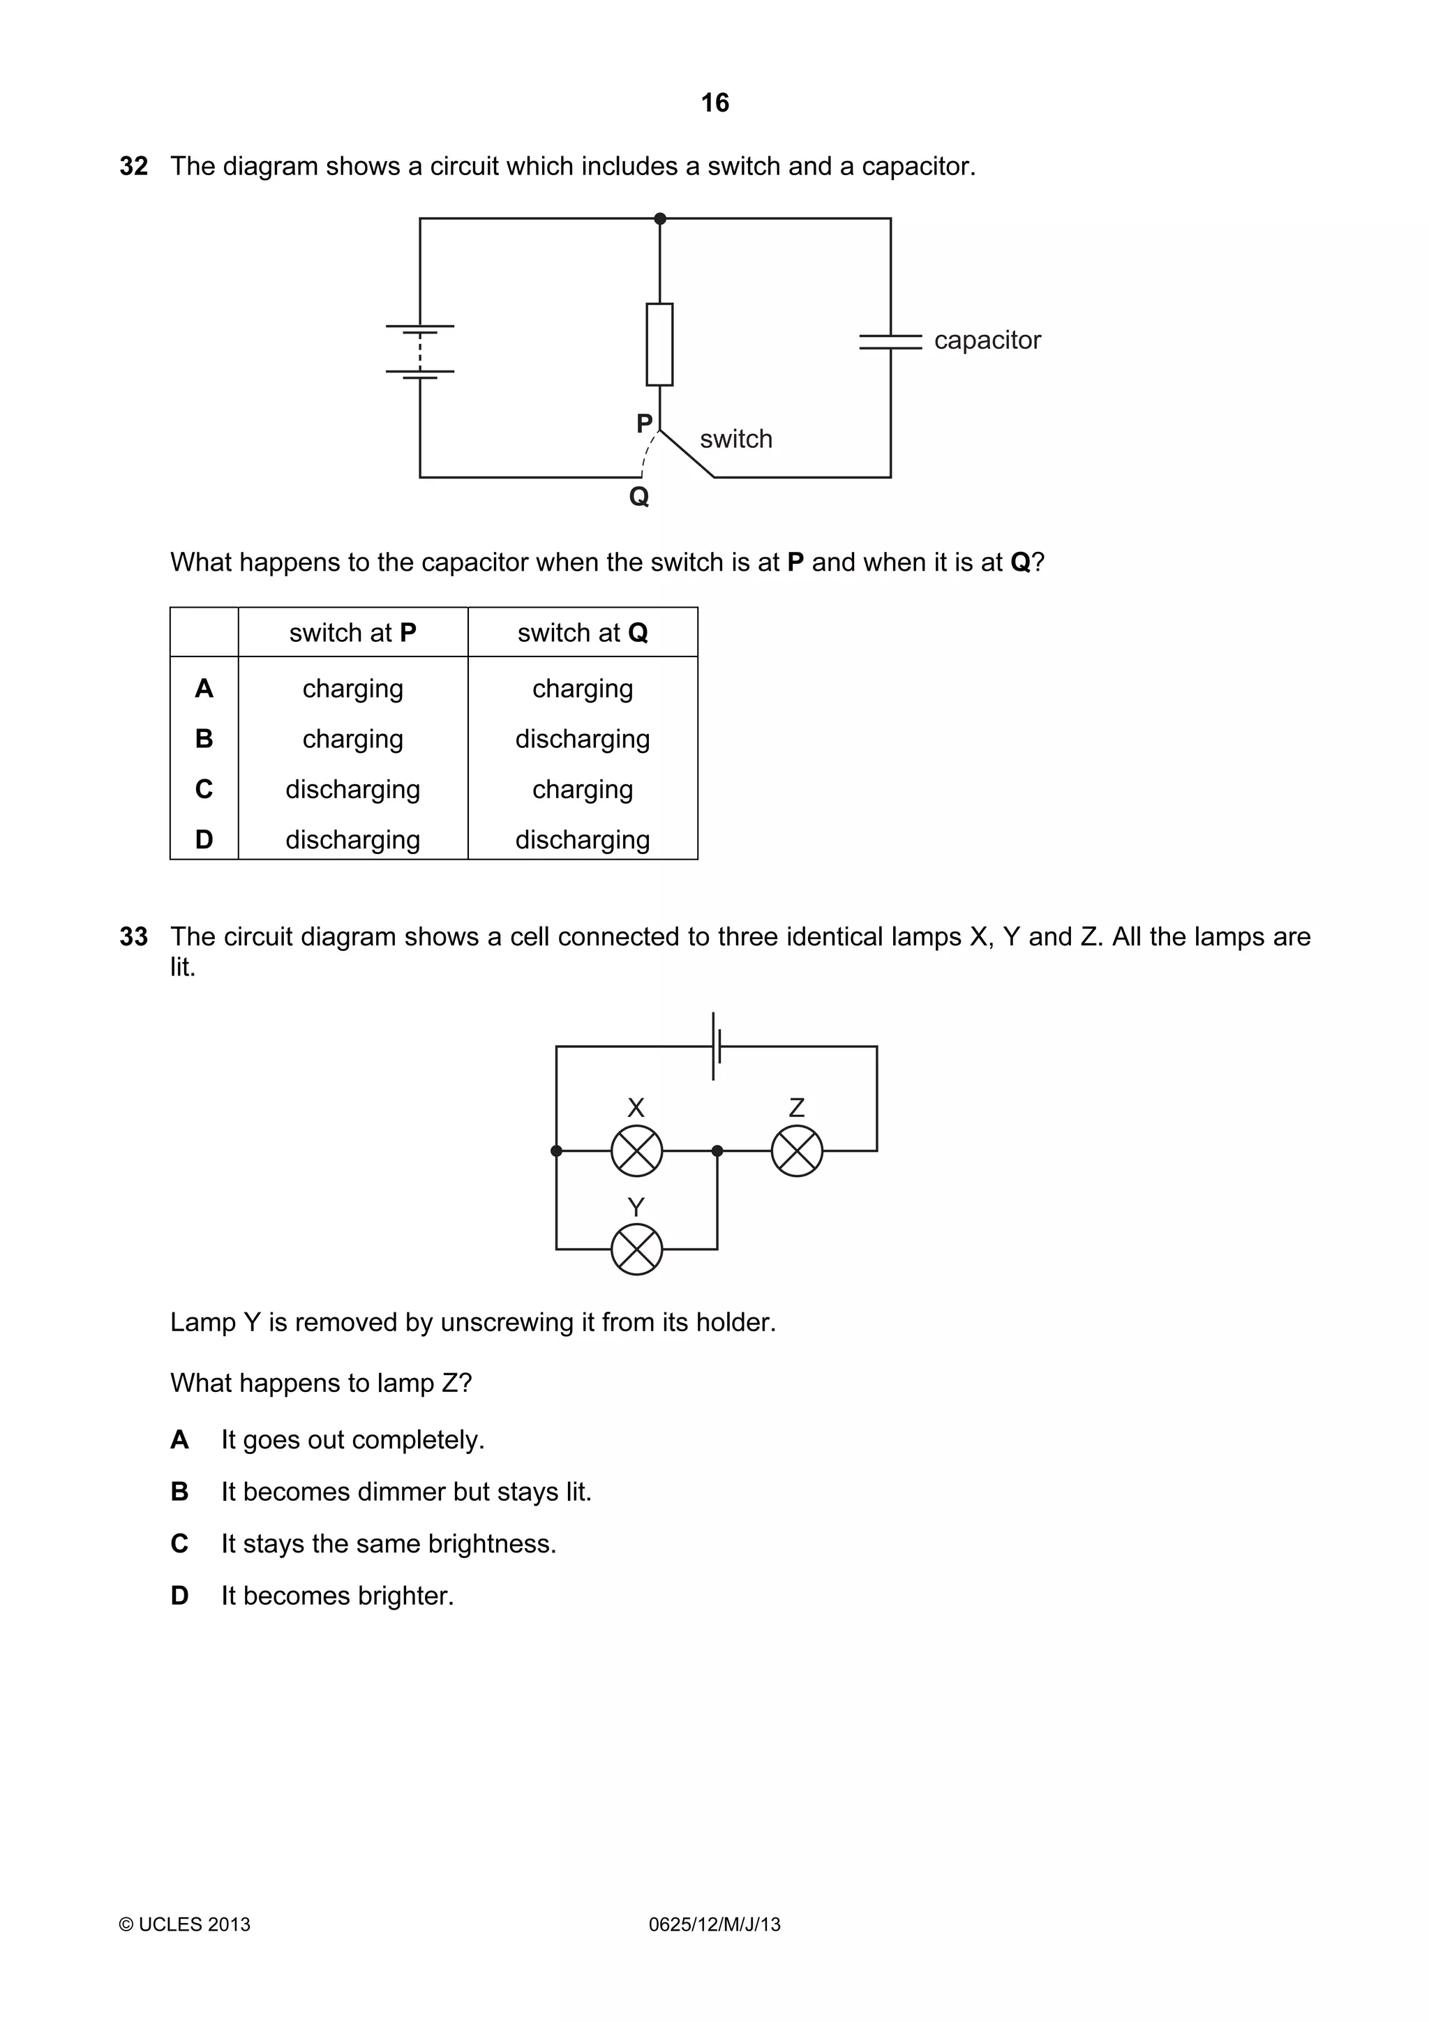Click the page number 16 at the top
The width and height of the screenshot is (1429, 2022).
click(x=714, y=103)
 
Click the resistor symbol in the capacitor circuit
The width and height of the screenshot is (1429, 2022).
click(x=659, y=345)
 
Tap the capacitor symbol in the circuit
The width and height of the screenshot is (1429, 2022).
click(x=890, y=340)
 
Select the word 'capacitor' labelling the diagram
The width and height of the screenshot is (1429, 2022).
click(x=987, y=340)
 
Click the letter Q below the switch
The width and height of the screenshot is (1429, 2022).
click(x=639, y=497)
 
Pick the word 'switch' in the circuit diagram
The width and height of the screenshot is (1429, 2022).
click(x=735, y=439)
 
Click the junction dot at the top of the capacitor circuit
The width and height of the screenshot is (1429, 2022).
click(x=660, y=218)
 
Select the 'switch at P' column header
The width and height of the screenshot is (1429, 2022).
click(x=352, y=632)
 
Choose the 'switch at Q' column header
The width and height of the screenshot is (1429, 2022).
click(x=582, y=632)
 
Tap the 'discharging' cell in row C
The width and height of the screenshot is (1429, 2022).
click(x=352, y=789)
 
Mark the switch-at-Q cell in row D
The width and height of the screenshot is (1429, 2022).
click(x=582, y=839)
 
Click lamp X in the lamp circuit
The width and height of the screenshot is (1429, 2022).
click(x=636, y=1150)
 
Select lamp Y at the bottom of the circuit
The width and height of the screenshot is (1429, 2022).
click(x=636, y=1249)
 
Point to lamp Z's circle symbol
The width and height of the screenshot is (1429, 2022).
click(x=797, y=1150)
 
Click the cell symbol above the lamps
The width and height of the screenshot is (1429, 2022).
click(x=717, y=1046)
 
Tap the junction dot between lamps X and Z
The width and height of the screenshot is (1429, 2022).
click(x=717, y=1150)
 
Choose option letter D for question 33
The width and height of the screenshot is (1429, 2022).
click(x=179, y=1595)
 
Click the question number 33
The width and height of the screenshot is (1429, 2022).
click(x=134, y=936)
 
